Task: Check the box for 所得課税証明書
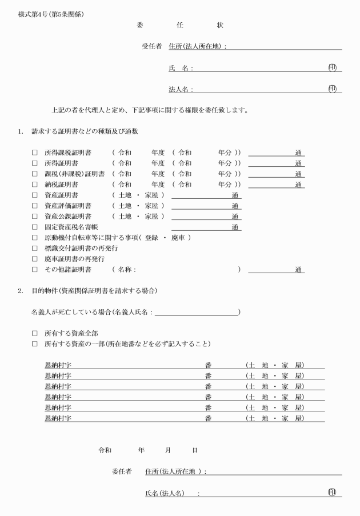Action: [35, 153]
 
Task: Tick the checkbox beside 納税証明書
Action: [35, 185]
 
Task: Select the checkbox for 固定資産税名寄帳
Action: [35, 227]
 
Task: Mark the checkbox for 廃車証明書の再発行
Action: [35, 258]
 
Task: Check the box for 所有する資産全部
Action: [35, 333]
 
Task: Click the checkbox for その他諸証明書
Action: [35, 269]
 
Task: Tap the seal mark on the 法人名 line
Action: [332, 89]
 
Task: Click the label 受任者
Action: [151, 46]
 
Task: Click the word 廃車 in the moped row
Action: [179, 237]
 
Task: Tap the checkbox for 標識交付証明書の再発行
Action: [35, 248]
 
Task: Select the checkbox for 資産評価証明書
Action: [35, 206]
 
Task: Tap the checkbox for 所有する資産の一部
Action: [35, 343]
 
